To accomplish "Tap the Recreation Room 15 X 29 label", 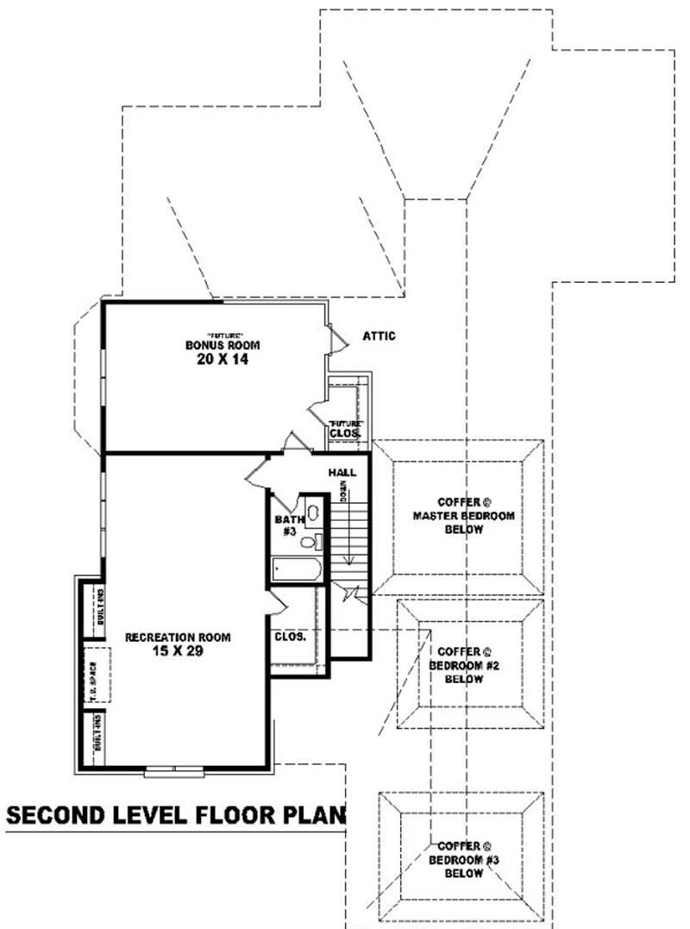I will [178, 644].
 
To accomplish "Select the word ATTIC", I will [379, 336].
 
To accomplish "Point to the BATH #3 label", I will [286, 526].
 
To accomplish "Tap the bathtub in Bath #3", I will [296, 569].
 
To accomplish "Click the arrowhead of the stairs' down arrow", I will [349, 562].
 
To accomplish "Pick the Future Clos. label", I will [345, 429].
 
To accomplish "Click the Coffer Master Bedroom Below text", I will [463, 516].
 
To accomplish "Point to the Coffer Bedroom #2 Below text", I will [463, 665].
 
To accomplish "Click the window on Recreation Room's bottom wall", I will [174, 769].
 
